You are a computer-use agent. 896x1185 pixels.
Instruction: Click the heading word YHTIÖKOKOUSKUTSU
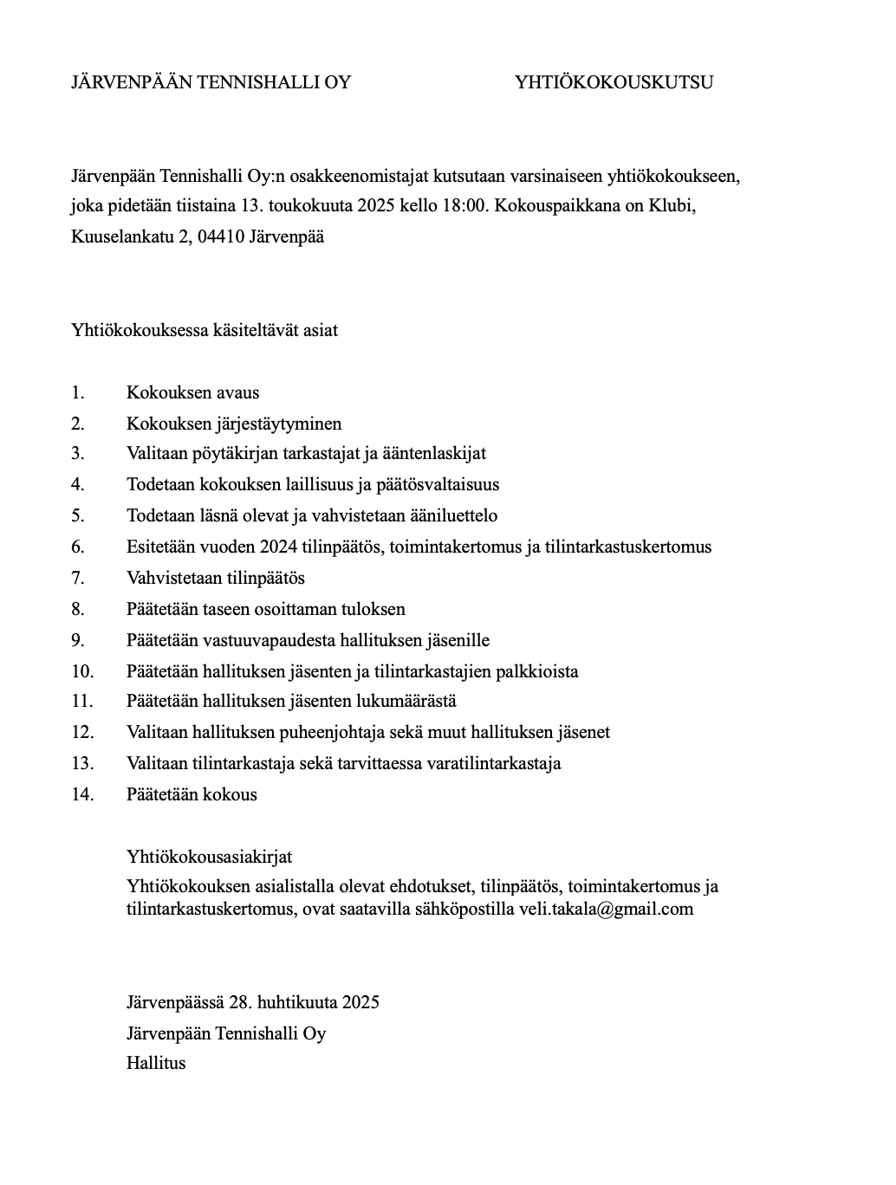(614, 82)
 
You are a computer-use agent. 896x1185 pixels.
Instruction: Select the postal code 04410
(221, 236)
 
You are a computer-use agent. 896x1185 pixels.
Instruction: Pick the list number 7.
(78, 578)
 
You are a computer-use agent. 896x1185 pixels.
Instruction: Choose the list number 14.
(82, 794)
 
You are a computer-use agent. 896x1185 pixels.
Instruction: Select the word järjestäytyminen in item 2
(282, 424)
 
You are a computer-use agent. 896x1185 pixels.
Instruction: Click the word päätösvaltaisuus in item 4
(437, 484)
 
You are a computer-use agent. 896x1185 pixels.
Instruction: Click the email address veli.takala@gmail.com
(606, 909)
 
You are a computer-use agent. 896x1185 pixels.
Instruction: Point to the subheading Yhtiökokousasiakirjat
(209, 857)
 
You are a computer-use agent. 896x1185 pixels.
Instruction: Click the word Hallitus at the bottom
(156, 1063)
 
